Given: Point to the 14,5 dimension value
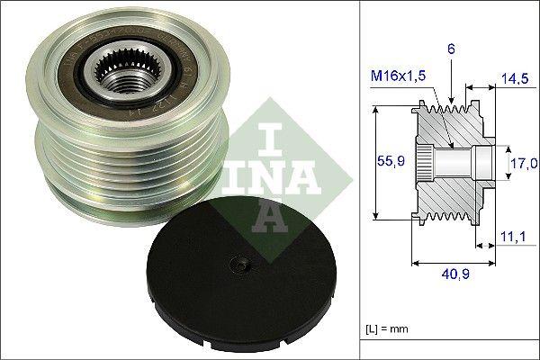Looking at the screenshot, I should click(513, 79).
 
